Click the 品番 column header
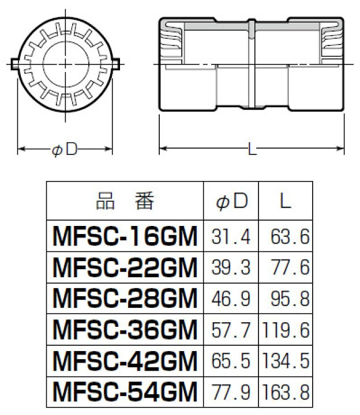coord(125,202)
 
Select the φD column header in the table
coord(231,202)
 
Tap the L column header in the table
coord(286,202)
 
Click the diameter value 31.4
coord(232,237)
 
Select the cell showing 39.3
coord(232,268)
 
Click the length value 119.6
coord(286,330)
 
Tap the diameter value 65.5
coord(232,361)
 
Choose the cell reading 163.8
coord(286,393)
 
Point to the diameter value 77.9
coord(232,393)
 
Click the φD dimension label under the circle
coord(64,149)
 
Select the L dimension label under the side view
coord(252,149)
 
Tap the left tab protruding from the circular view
coord(16,62)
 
